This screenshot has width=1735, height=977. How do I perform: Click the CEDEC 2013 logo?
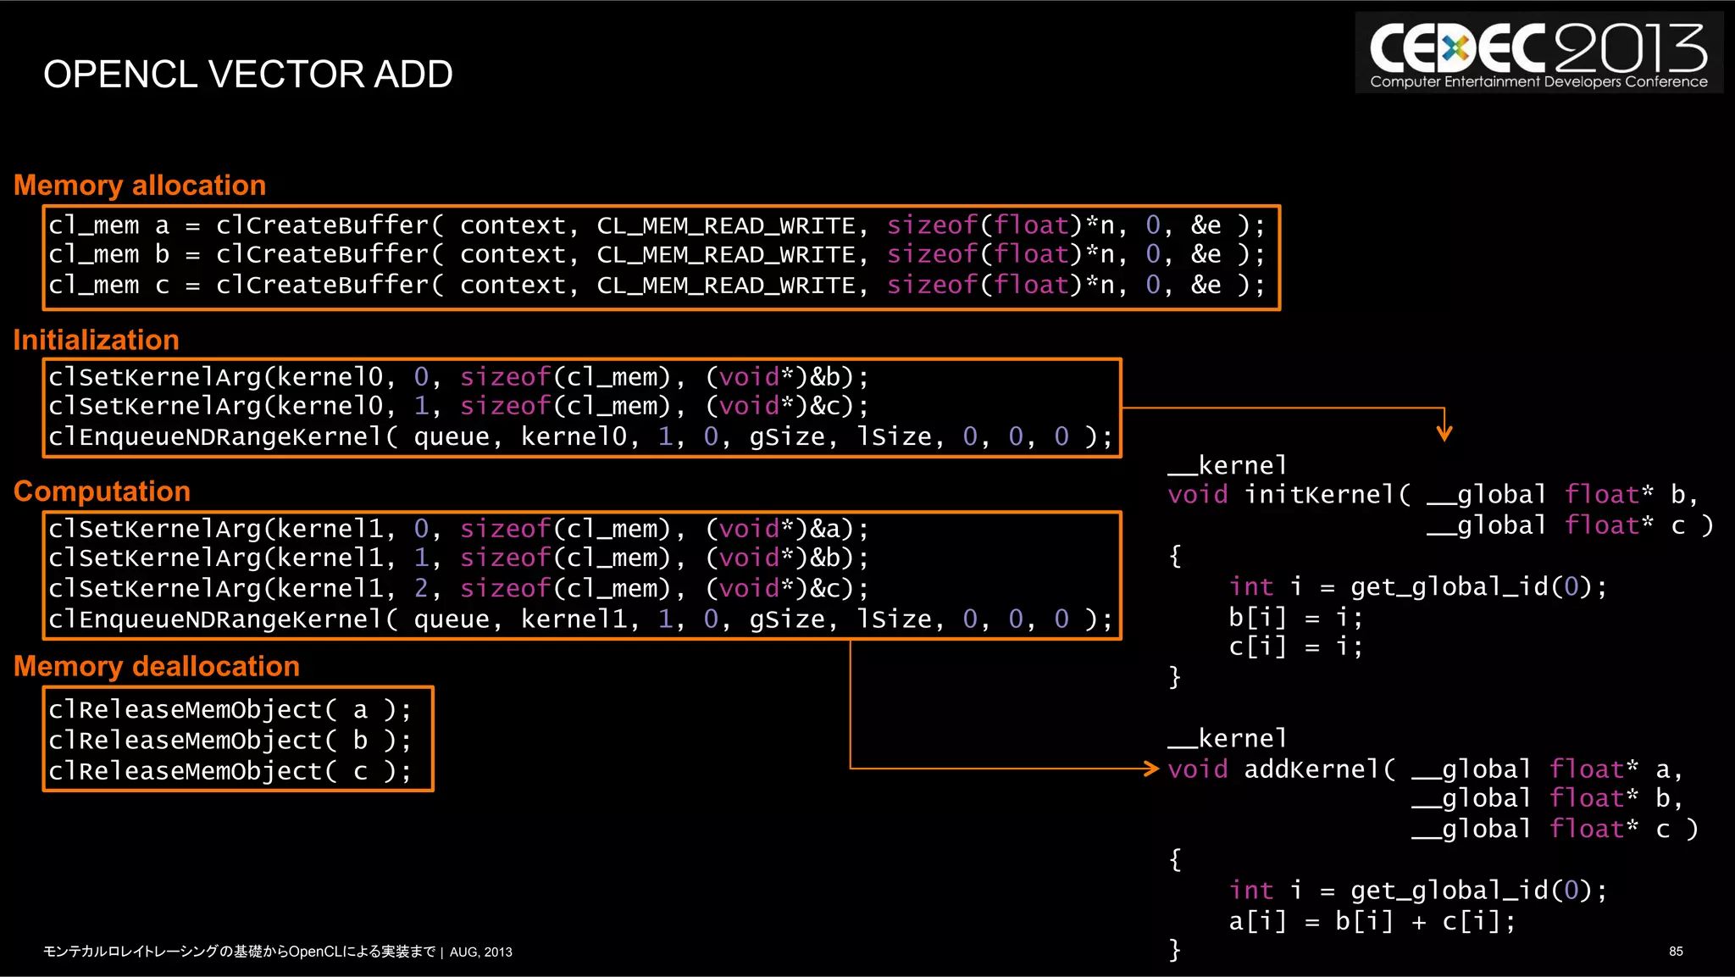tap(1538, 53)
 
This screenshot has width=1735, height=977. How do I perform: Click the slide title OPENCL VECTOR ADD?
tap(247, 75)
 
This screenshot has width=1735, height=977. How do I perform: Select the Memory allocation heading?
tap(140, 186)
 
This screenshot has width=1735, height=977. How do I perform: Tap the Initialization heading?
tap(96, 340)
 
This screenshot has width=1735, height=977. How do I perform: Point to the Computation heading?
tap(102, 491)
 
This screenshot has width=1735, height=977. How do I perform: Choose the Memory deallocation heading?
tap(157, 666)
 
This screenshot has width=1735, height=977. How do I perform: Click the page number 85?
tap(1675, 952)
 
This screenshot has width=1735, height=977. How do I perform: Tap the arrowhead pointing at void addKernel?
tap(1151, 769)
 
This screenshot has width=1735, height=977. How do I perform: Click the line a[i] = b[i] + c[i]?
tap(1372, 921)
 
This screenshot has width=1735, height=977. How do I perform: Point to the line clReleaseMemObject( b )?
tap(230, 741)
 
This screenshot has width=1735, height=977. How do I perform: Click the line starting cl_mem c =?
tap(657, 286)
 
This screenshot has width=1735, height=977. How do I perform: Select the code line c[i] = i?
tap(1295, 647)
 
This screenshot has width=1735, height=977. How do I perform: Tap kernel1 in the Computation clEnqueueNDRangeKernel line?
tap(574, 619)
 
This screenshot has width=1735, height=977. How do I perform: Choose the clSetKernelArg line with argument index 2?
tap(457, 589)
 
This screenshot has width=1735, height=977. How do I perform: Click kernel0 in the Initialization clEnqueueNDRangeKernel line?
tap(574, 437)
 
